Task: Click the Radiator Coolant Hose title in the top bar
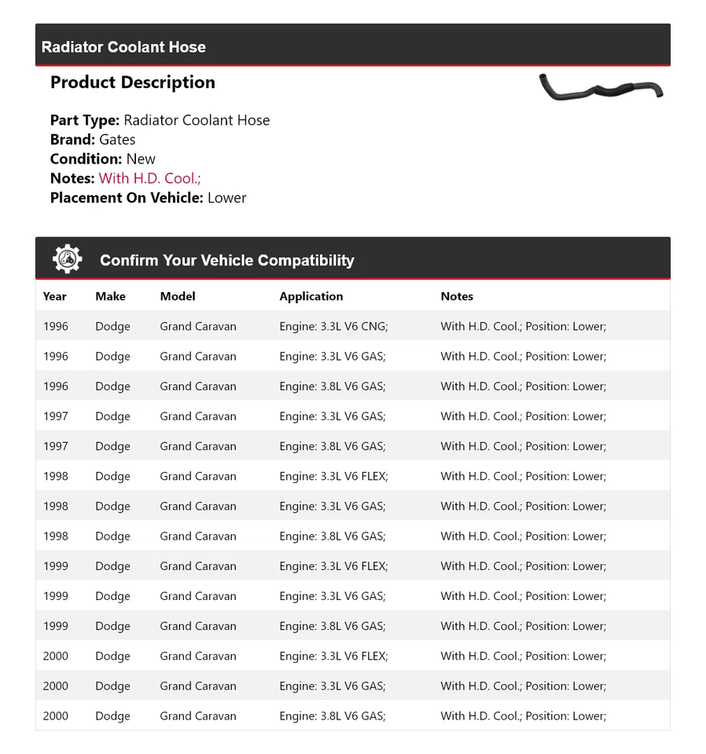coord(123,47)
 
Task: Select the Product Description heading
coord(132,82)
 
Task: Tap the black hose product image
coord(601,87)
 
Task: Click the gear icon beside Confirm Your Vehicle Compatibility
coord(68,259)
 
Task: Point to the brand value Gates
coord(117,140)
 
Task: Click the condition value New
coord(141,159)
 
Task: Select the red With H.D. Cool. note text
coord(149,178)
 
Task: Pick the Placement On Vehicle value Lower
coord(226,198)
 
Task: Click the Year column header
coord(54,296)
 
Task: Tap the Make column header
coord(110,296)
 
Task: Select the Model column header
coord(178,296)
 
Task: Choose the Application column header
coord(311,296)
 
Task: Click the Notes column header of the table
coord(457,296)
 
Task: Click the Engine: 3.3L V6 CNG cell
coord(333,327)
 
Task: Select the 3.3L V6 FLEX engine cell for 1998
coord(333,477)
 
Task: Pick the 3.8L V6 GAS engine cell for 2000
coord(333,716)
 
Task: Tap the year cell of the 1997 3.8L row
coord(56,447)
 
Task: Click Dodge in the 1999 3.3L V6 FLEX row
coord(112,566)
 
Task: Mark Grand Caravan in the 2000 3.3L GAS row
coord(198,686)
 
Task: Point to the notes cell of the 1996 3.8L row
coord(523,386)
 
